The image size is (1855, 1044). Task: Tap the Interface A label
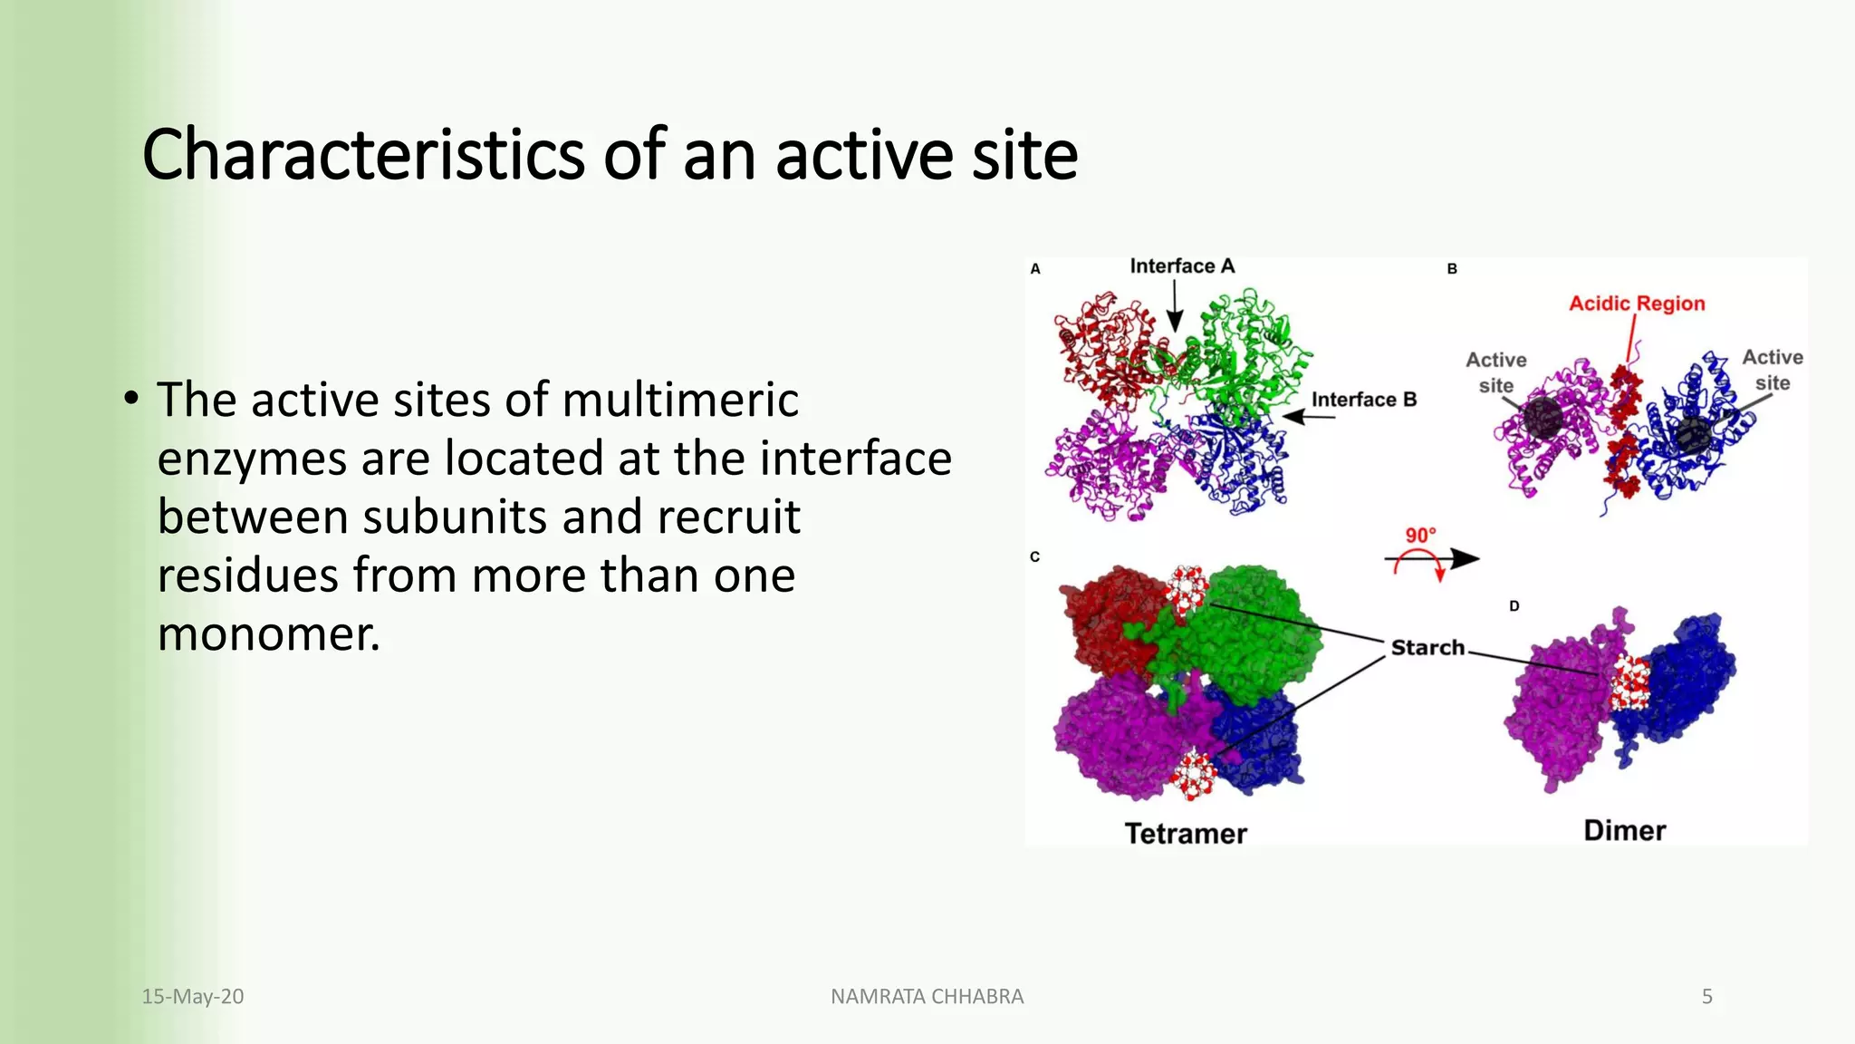[1181, 266]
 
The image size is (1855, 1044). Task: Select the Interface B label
[1363, 400]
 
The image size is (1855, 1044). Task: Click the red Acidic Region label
[1636, 304]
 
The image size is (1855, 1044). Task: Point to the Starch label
[1427, 647]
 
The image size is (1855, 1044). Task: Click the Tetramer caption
[1185, 833]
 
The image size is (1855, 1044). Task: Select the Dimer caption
[1624, 830]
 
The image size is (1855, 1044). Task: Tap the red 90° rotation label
[1420, 535]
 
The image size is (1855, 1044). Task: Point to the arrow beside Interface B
[1308, 417]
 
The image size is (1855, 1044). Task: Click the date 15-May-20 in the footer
[192, 996]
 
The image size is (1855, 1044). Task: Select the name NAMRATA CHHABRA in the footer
[927, 996]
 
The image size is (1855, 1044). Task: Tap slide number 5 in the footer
[1706, 996]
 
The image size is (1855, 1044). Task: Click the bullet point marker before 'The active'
[132, 399]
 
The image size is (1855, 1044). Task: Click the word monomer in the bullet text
[268, 633]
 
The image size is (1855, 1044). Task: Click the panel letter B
[1452, 269]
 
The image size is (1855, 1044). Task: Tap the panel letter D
[1514, 605]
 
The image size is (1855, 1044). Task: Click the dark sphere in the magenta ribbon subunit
[1542, 418]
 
